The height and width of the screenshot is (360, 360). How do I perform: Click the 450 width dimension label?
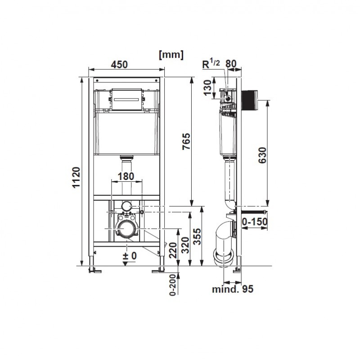[x=119, y=65]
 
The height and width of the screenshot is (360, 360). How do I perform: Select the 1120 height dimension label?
[x=76, y=177]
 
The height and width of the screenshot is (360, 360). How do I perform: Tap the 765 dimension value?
[x=186, y=141]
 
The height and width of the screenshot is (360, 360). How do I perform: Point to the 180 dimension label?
[x=126, y=176]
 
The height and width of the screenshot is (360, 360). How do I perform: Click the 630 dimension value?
[x=262, y=155]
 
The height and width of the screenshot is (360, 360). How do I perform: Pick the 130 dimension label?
[x=207, y=87]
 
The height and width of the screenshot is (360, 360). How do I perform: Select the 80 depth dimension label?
[x=231, y=63]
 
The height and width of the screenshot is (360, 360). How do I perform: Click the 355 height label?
[x=197, y=237]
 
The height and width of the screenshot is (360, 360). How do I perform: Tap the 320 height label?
[x=185, y=245]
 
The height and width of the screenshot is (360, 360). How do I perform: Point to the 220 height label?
[x=173, y=251]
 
